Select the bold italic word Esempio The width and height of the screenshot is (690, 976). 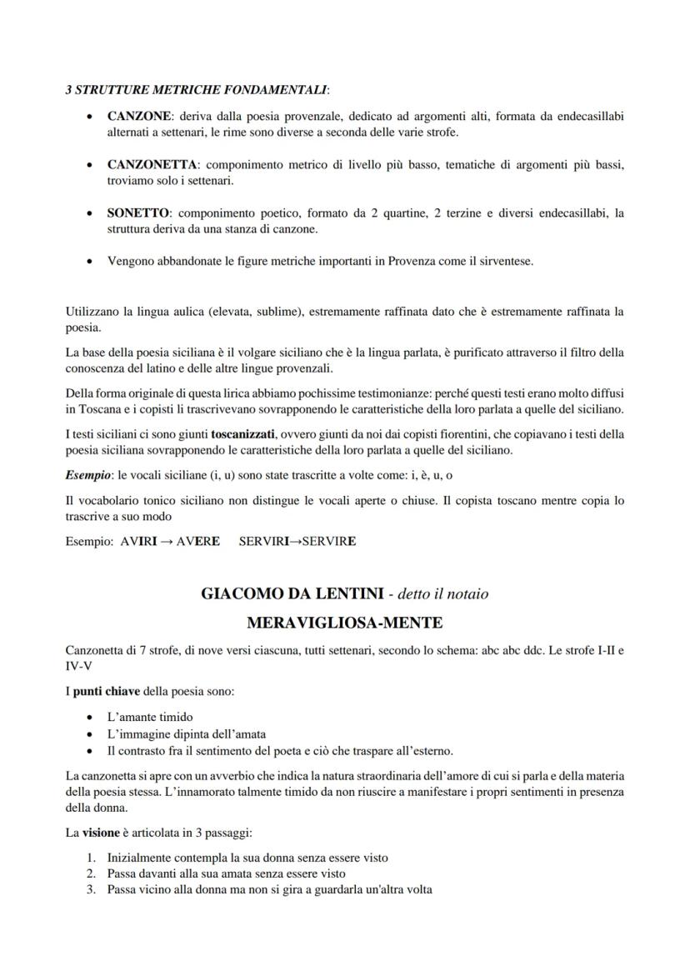click(83, 474)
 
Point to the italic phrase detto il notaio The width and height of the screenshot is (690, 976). click(443, 594)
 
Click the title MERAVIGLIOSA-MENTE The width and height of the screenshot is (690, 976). click(345, 623)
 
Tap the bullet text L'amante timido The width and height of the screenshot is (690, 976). click(150, 717)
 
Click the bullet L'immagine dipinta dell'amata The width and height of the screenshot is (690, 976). click(186, 733)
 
